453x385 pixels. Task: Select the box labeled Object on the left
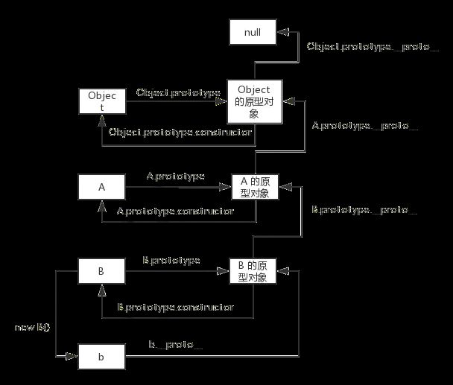[101, 101]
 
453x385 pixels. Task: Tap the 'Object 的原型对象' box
[254, 102]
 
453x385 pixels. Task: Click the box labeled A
[101, 186]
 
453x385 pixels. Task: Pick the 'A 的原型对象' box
[254, 187]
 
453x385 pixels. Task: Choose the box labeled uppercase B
[101, 270]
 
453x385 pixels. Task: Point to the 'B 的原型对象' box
[253, 271]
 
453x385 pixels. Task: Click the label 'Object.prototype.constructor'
[181, 133]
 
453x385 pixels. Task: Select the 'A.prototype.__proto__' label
[364, 126]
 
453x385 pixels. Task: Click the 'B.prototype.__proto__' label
[364, 210]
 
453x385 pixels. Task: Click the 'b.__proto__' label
[175, 345]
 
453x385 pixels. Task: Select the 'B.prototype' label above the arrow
[171, 261]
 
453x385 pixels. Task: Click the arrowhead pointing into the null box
[279, 32]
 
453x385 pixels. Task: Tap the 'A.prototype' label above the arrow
[175, 176]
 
